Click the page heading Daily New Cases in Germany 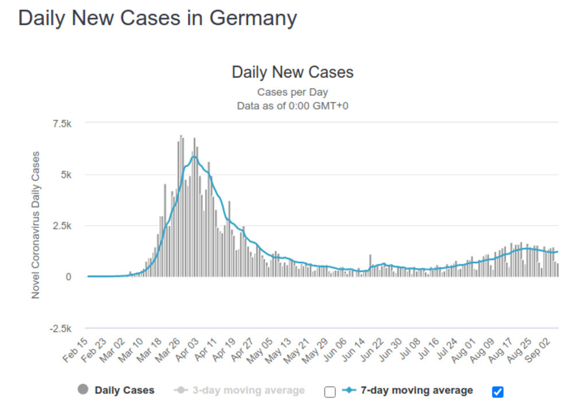point(158,18)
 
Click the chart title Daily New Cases point(292,72)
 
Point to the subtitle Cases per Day point(292,92)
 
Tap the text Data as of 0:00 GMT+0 point(292,106)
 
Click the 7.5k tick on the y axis point(61,123)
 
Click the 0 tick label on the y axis point(68,277)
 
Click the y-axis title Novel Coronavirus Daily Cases point(36,225)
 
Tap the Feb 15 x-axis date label point(76,350)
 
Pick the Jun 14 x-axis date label point(353,350)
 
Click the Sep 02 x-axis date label point(541,350)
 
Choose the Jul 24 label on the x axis point(447,350)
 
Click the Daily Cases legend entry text point(124,390)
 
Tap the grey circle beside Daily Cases point(83,390)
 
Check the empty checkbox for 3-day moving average point(330,392)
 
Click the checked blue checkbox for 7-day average point(498,392)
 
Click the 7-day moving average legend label point(417,390)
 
